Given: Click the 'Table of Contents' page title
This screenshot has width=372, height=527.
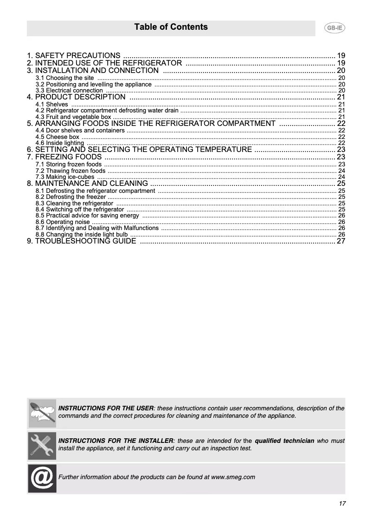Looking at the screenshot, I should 171,27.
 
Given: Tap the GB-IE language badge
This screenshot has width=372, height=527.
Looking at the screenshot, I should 334,28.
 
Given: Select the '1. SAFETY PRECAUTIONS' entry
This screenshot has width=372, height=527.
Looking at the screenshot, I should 74,55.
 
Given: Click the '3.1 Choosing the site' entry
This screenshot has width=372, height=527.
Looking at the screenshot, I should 64,78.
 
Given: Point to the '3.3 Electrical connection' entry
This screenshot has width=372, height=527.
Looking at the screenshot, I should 69,91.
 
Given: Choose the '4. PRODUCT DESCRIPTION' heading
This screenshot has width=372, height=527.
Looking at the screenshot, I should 76,97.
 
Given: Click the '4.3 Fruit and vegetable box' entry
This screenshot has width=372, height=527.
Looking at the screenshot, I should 73,117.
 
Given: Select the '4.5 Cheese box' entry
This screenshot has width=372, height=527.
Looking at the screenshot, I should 57,137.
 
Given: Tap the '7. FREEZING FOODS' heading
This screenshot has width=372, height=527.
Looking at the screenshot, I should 64,157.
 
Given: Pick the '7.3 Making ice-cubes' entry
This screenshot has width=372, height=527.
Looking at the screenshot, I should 64,177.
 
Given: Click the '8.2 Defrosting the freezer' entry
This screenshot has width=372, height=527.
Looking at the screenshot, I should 71,197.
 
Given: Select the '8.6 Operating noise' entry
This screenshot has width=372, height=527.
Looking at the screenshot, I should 62,222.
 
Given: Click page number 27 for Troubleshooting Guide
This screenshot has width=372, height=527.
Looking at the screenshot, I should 341,241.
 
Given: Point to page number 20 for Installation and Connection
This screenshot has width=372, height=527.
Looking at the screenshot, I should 341,70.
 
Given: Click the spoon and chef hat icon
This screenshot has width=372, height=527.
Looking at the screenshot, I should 42,413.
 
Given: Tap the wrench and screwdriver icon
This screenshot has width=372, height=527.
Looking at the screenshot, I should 42,445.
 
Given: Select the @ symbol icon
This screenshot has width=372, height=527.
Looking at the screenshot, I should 42,478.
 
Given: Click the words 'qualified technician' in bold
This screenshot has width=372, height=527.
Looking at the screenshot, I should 284,441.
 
